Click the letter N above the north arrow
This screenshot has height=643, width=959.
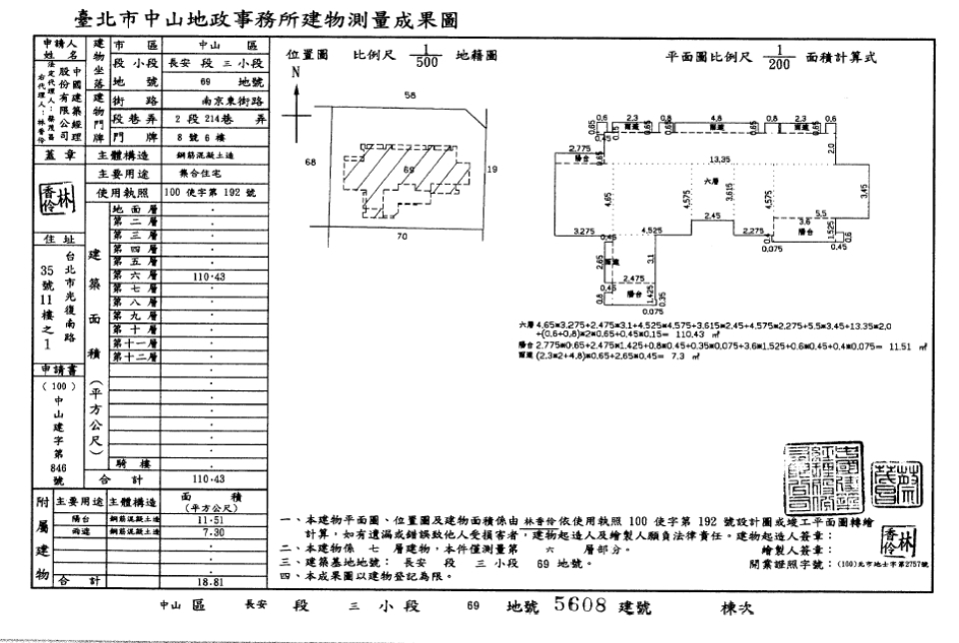click(295, 73)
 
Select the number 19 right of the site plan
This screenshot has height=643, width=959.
click(490, 170)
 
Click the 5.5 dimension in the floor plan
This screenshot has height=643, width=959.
click(821, 213)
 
